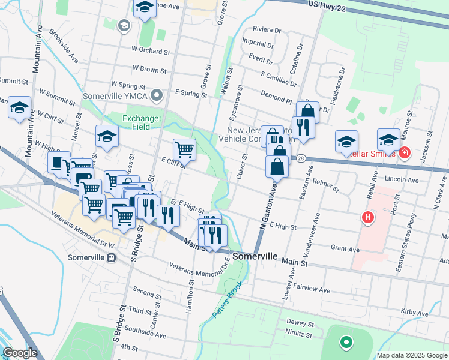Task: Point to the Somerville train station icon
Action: (111, 258)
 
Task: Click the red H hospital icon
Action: (367, 217)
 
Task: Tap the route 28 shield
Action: (300, 157)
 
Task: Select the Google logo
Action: (20, 353)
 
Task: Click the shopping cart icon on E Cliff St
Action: (184, 149)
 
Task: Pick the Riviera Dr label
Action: (267, 29)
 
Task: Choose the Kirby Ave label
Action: (414, 313)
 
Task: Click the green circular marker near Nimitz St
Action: (345, 343)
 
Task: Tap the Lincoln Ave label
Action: (402, 179)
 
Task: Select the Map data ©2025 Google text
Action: (411, 355)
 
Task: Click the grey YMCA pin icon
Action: (157, 95)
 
